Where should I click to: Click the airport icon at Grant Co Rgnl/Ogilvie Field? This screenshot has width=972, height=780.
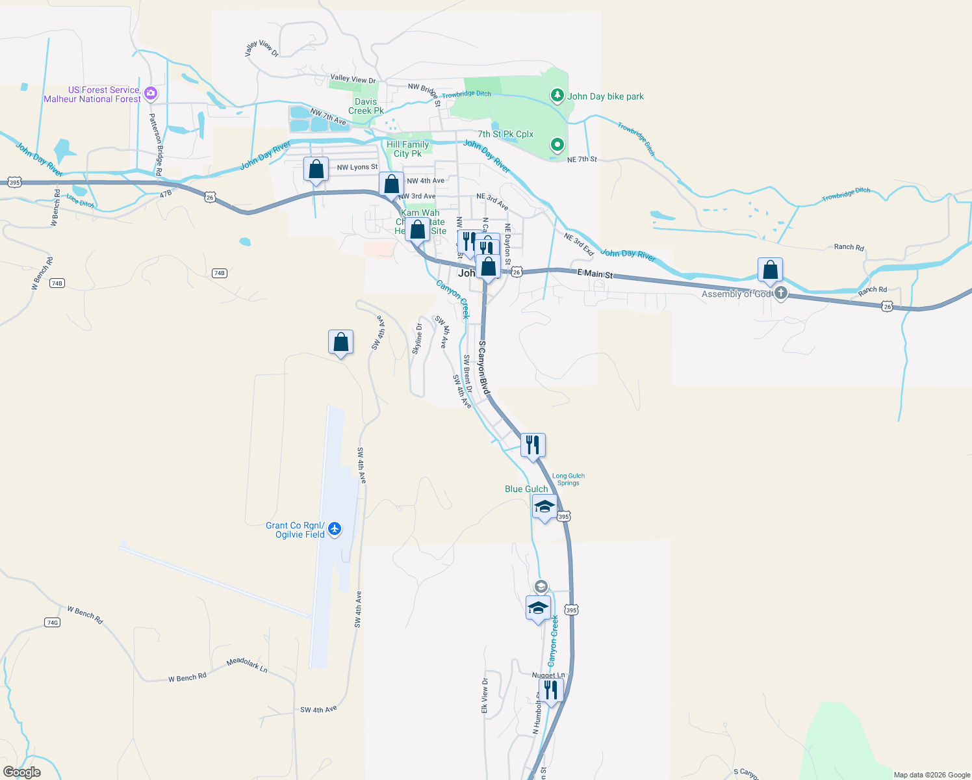coord(335,528)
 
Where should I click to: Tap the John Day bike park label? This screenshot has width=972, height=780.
coord(606,96)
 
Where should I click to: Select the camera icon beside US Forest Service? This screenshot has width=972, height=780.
coord(151,94)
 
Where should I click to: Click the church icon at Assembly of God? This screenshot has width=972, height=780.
coord(781,293)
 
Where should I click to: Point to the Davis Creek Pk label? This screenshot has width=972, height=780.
coord(366,106)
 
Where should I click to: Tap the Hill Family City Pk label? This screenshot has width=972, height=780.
coord(407,149)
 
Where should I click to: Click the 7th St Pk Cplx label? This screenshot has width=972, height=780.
coord(505,134)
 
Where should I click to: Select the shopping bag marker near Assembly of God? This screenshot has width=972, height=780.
coord(770,270)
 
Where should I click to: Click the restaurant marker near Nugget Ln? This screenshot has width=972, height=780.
coord(551,690)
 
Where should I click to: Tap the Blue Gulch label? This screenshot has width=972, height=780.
coord(526,489)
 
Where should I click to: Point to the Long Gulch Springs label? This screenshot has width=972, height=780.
coord(568,479)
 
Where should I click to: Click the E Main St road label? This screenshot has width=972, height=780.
coord(595,274)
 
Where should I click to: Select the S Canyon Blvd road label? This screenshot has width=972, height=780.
coord(483,367)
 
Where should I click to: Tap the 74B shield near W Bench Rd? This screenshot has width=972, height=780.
coord(57,283)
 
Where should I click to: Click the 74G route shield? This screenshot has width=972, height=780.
coord(53,623)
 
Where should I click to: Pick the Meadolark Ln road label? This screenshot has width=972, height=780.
coord(247,664)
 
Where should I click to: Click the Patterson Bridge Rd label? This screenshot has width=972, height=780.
coord(155,144)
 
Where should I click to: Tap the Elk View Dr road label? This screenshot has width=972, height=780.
coord(485,695)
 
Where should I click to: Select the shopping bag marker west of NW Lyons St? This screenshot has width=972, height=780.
coord(316,170)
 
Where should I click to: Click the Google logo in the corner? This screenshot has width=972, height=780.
coord(22,772)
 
